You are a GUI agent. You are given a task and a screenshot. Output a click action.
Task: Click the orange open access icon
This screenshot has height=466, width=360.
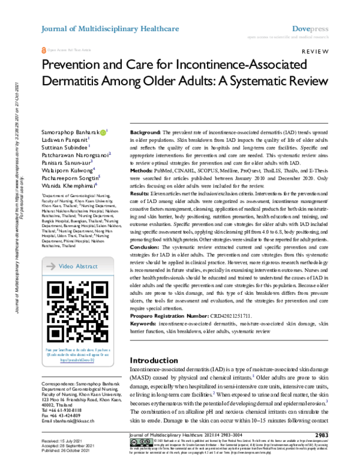(43, 53)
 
